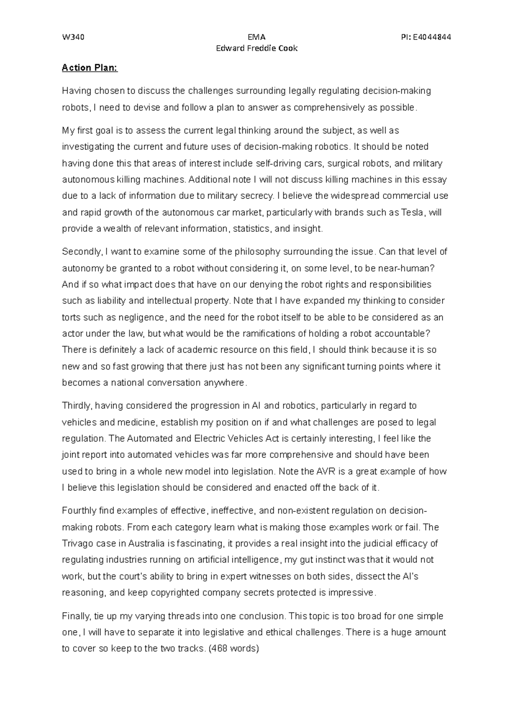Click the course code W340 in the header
(73, 37)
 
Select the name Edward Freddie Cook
(256, 48)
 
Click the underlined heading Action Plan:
(89, 68)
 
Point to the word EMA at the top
(256, 37)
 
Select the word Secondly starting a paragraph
(82, 252)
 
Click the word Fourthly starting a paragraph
(80, 511)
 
